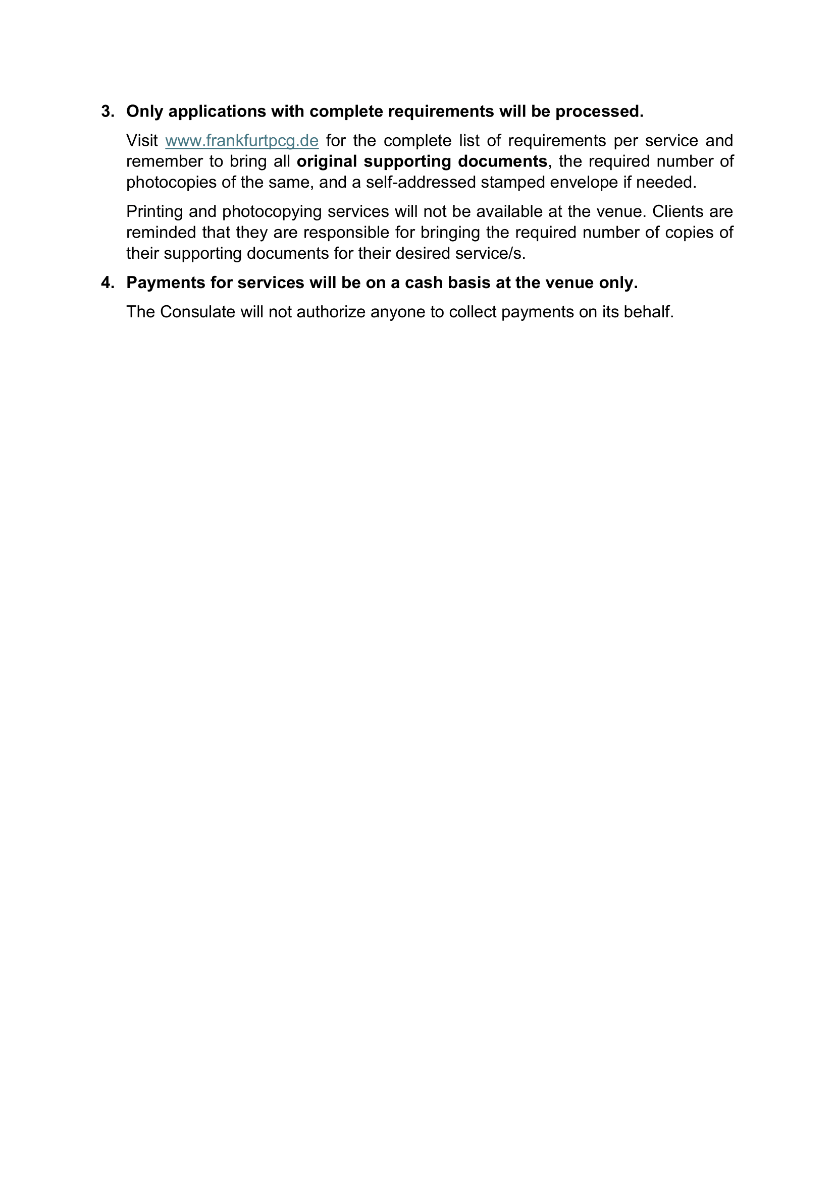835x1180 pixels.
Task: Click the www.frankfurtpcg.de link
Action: (x=242, y=141)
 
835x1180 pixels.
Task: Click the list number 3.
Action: (x=107, y=111)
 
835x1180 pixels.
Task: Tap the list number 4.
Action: (x=107, y=283)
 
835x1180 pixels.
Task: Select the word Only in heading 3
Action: (x=144, y=111)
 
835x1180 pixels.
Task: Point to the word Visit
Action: (x=142, y=141)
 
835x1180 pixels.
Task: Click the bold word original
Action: (x=327, y=161)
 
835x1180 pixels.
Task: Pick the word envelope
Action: (x=584, y=183)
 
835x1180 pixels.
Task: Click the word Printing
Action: (x=154, y=212)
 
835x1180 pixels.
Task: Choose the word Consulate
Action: (x=197, y=312)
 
